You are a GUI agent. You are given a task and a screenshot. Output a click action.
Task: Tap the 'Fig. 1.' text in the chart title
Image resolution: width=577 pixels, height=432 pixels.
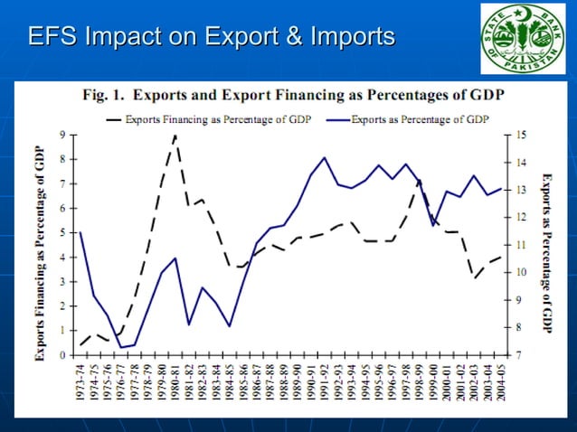pos(103,95)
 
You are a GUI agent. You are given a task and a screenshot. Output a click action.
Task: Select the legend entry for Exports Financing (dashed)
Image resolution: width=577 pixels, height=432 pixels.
pos(207,118)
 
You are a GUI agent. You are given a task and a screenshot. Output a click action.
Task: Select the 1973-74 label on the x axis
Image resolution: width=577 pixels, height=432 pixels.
pos(80,384)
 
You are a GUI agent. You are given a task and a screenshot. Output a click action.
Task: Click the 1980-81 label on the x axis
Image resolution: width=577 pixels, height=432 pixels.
pos(175,384)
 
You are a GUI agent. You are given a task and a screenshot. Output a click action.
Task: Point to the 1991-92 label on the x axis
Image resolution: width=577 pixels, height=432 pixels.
pos(324,384)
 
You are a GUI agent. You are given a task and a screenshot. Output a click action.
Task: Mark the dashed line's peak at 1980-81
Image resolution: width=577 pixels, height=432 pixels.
pos(175,136)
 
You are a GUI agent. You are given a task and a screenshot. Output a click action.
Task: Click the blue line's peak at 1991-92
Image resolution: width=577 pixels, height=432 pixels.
pos(324,158)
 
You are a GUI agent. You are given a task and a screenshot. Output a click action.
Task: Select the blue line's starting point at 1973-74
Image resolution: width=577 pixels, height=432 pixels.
pos(80,232)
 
